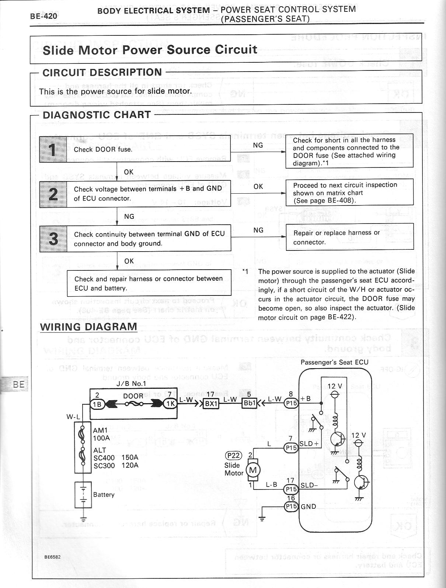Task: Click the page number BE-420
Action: point(43,17)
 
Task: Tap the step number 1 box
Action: point(53,149)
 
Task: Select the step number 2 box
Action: point(53,194)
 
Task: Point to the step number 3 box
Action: point(53,238)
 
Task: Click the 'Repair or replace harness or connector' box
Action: point(349,237)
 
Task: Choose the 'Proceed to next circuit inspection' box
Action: point(349,192)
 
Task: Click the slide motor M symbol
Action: point(253,470)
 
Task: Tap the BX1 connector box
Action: point(212,403)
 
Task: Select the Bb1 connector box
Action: point(249,403)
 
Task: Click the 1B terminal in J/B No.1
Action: point(97,403)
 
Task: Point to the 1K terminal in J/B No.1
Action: point(170,403)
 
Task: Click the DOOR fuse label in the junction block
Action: point(133,396)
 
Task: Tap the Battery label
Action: point(104,494)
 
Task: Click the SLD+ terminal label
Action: point(309,444)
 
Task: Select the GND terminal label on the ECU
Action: point(309,506)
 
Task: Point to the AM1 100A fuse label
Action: point(101,434)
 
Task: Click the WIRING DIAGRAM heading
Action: point(88,327)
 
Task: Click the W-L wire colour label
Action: point(73,416)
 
